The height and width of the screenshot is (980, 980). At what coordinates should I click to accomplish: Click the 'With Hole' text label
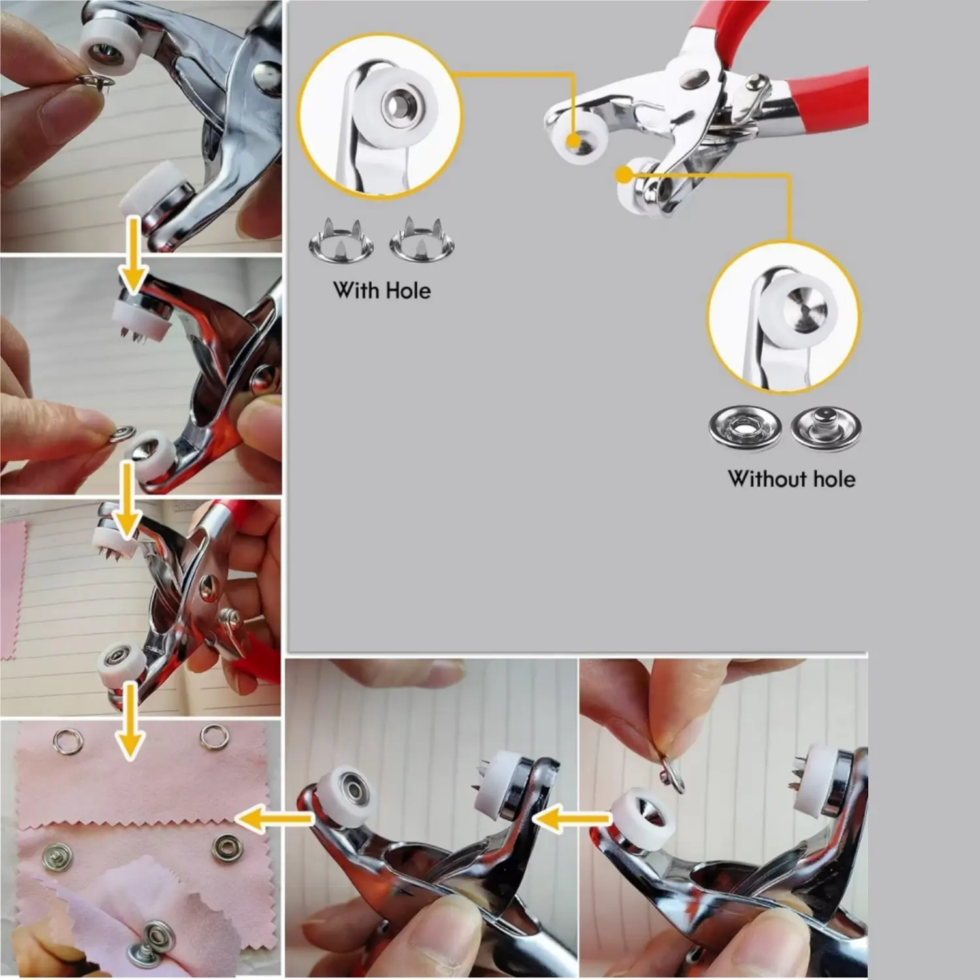click(x=382, y=290)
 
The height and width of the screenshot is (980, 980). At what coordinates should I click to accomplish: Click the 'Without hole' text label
click(x=792, y=479)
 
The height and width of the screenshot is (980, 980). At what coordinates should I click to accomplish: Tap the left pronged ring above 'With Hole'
click(x=340, y=240)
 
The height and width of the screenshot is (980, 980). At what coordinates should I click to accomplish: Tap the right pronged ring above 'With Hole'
click(x=422, y=239)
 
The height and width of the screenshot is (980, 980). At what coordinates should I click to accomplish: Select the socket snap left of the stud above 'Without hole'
click(x=745, y=429)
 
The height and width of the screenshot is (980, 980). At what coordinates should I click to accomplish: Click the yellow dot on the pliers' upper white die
click(x=574, y=140)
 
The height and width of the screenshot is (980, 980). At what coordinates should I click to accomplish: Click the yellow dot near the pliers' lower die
click(x=624, y=174)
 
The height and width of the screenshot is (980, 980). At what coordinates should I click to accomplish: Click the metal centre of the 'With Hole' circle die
click(x=394, y=102)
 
